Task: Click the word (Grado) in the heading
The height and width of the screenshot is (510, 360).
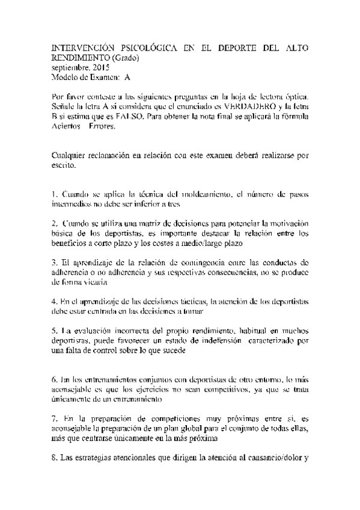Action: (124, 58)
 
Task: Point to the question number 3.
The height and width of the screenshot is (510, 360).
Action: (54, 263)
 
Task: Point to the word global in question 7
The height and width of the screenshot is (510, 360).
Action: (196, 428)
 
